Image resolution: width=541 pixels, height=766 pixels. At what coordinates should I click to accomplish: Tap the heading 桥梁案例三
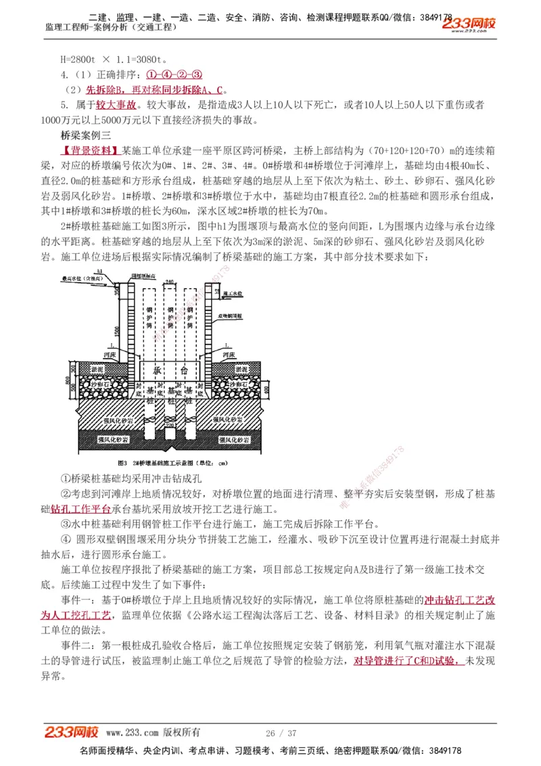[x=83, y=135]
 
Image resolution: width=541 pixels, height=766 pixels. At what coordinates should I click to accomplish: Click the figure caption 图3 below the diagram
[x=123, y=464]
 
